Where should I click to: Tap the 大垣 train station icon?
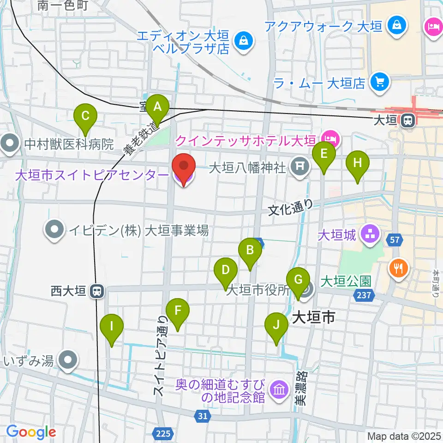(407, 120)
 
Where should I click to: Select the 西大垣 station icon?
(97, 291)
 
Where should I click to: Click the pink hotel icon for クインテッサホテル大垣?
(330, 137)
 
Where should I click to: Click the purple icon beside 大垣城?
(369, 234)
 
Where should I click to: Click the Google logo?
(31, 432)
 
